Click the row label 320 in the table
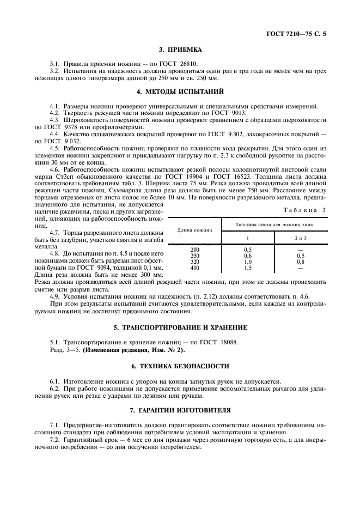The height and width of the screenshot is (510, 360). coord(194,262)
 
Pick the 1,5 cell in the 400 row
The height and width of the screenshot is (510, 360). coord(248,268)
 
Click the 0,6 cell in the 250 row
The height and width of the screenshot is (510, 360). coord(248,256)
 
